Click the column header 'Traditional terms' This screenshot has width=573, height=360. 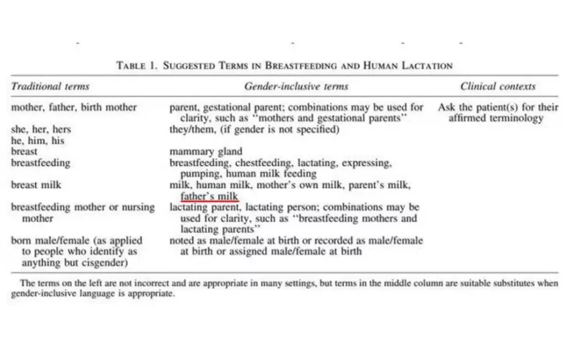(50, 87)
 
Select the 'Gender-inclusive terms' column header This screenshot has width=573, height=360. (296, 87)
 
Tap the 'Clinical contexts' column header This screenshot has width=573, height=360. (498, 87)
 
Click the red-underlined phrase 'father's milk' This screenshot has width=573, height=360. (209, 197)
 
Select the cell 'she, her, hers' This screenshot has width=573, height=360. (41, 130)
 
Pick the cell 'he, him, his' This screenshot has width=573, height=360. (38, 140)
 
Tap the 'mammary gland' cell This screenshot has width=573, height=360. (206, 152)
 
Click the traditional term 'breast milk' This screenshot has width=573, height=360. (36, 185)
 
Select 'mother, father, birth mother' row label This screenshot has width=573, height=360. (74, 107)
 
